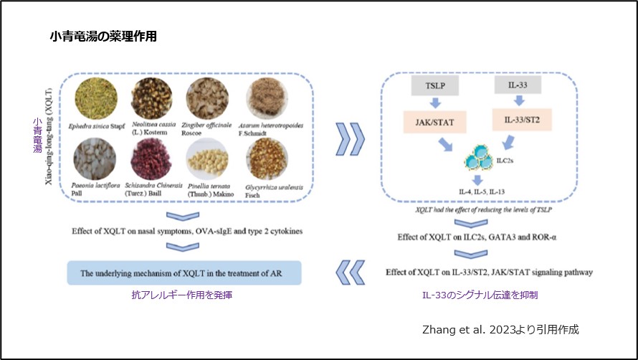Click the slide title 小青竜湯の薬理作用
pyautogui.click(x=103, y=36)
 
